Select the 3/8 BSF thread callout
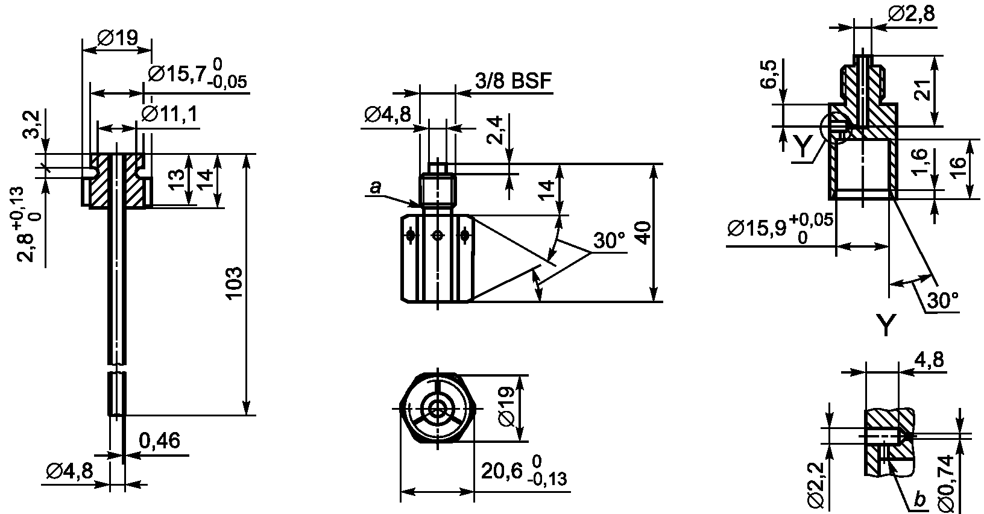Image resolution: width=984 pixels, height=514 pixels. tap(513, 81)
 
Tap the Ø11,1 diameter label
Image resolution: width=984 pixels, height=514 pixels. tap(169, 114)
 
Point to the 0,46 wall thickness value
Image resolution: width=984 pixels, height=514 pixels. tap(159, 440)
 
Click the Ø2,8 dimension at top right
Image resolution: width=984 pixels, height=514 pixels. tap(911, 14)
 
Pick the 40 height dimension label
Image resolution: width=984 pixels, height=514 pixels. tap(643, 233)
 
